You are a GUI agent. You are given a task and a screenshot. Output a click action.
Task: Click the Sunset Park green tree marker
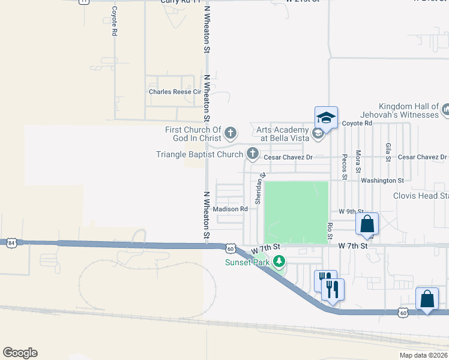click(279, 262)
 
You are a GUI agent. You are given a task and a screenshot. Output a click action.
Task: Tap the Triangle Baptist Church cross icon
click(253, 154)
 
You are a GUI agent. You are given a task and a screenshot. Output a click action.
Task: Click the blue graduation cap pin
click(326, 118)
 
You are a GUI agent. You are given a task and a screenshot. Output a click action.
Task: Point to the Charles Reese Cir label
click(175, 92)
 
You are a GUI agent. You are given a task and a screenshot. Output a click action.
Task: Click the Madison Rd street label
click(231, 209)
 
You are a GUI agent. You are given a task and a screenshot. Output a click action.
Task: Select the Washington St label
click(382, 180)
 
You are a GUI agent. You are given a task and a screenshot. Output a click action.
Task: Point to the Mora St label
click(358, 162)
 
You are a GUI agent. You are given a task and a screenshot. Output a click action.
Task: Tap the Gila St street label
click(388, 152)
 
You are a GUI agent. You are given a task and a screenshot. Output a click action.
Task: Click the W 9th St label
click(351, 211)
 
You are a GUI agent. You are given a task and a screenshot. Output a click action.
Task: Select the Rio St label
click(330, 229)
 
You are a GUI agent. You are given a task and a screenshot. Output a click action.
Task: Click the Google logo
click(20, 353)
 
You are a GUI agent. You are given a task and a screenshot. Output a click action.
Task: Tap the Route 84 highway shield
click(11, 243)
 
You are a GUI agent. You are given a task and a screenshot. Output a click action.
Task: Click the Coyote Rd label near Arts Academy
click(357, 123)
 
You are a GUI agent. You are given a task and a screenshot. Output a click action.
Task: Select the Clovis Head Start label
click(420, 196)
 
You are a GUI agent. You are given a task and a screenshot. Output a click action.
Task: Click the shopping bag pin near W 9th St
click(367, 224)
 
